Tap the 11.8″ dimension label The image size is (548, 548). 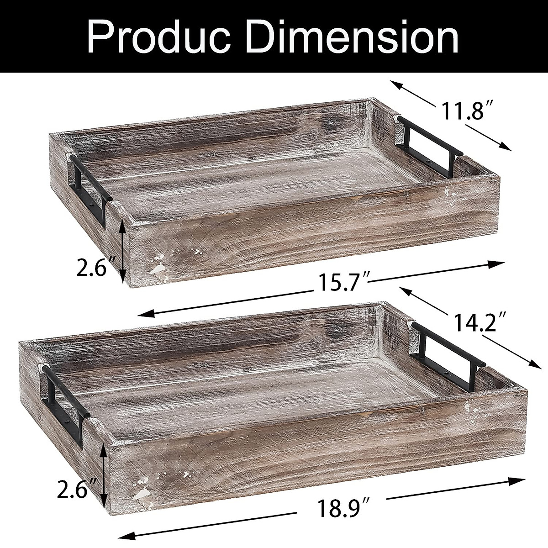tap(462, 111)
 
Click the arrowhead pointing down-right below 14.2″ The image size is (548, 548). tap(531, 363)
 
